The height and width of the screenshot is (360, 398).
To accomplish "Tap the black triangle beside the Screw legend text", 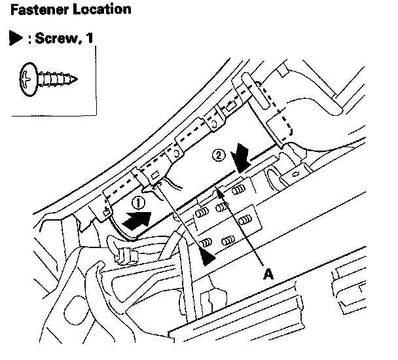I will [12, 39].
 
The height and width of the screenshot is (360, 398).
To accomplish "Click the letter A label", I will [267, 275].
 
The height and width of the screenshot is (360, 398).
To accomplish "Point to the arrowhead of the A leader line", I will [221, 190].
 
